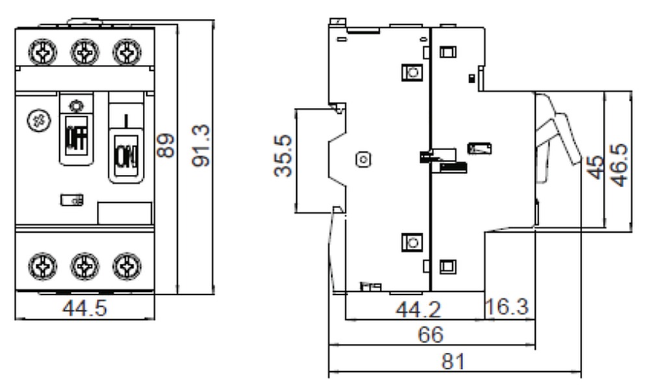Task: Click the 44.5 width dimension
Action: click(84, 308)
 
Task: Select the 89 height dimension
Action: click(166, 145)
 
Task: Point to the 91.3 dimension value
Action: click(201, 146)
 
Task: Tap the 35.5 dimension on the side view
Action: click(283, 155)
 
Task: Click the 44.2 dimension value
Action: click(418, 309)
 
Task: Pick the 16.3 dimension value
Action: click(507, 306)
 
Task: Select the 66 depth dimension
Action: click(431, 334)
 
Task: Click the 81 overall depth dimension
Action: click(453, 361)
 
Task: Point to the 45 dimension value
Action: click(596, 167)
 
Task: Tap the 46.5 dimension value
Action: click(619, 164)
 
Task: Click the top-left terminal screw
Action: click(42, 52)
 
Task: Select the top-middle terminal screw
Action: click(85, 52)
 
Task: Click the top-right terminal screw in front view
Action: click(127, 52)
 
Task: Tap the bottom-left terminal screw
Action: click(42, 266)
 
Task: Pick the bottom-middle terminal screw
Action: click(85, 266)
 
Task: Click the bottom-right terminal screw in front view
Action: click(127, 266)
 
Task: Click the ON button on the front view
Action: click(126, 155)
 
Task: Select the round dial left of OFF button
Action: click(39, 120)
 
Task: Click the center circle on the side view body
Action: click(364, 159)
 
